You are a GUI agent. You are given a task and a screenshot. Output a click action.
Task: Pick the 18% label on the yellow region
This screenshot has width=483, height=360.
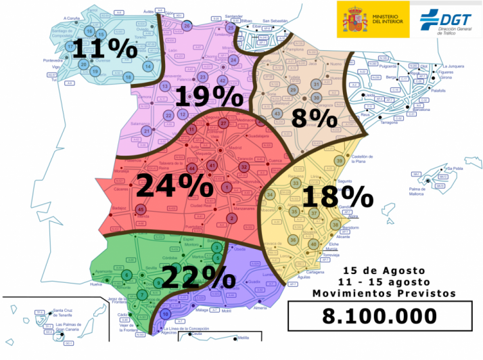click(338, 197)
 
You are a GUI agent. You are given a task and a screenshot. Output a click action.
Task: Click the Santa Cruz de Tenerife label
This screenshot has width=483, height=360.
click(72, 314)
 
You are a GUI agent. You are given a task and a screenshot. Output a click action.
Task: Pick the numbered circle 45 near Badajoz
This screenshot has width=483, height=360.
click(140, 210)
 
